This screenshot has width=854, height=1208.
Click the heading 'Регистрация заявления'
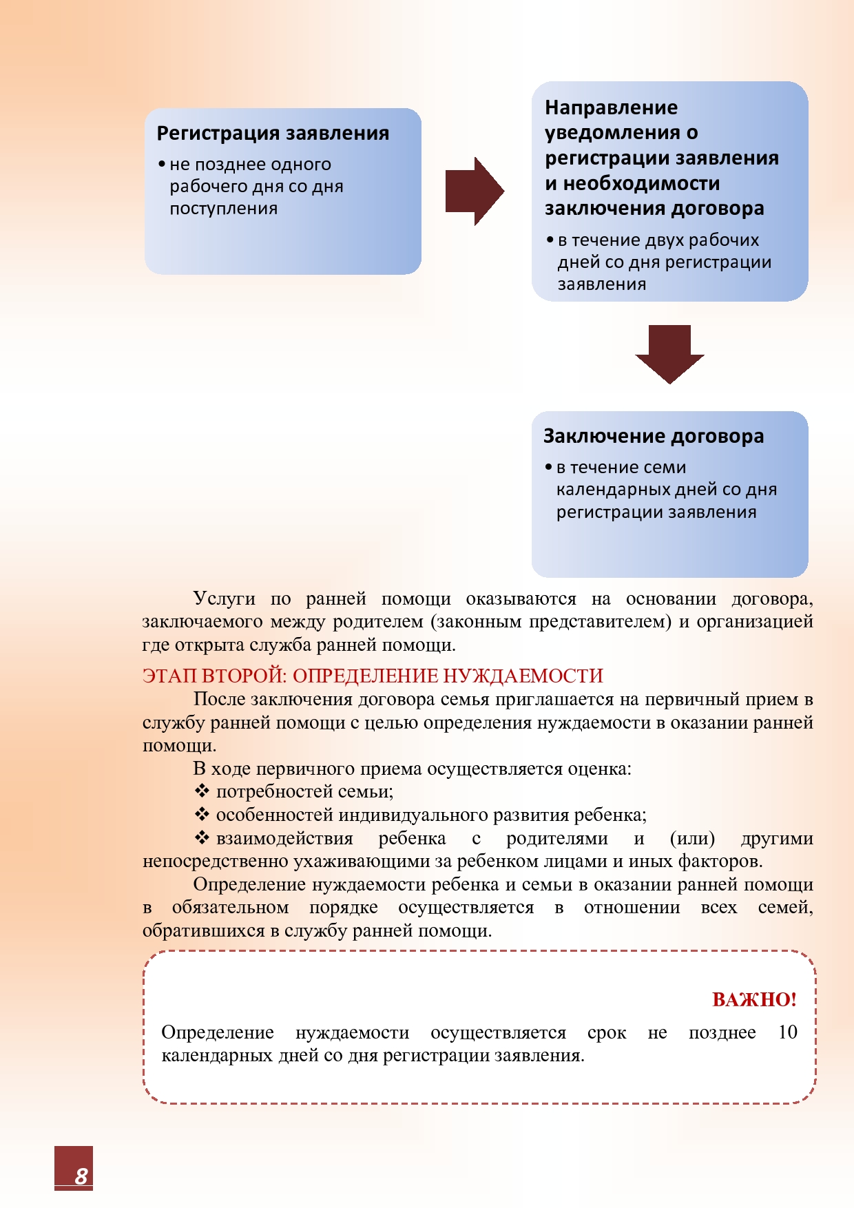point(273,133)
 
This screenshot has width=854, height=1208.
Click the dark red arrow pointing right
point(475,191)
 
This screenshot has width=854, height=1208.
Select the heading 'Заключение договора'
point(654,436)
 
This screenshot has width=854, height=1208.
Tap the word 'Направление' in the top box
point(611,107)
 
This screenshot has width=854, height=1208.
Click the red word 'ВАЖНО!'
point(754,999)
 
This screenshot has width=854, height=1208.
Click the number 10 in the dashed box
point(787,1032)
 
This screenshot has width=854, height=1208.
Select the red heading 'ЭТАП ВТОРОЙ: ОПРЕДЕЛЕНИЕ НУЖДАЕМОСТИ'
point(373,676)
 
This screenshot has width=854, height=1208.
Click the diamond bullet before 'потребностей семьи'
point(202,791)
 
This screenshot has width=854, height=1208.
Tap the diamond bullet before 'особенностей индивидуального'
point(202,814)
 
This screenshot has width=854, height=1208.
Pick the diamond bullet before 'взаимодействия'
point(202,837)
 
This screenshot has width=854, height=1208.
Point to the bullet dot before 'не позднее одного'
point(162,165)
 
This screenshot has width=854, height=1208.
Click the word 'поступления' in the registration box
point(224,208)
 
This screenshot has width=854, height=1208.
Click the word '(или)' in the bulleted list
point(692,838)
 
